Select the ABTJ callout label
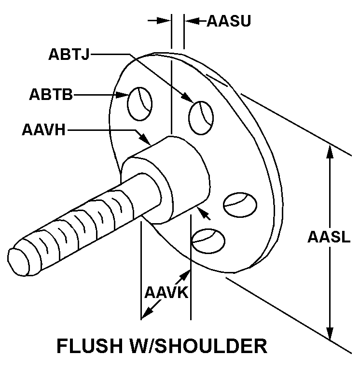69,54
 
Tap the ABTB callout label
51,94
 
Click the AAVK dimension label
166,293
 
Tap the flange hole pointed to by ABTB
139,103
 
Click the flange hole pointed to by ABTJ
201,117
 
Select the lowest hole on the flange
208,239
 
